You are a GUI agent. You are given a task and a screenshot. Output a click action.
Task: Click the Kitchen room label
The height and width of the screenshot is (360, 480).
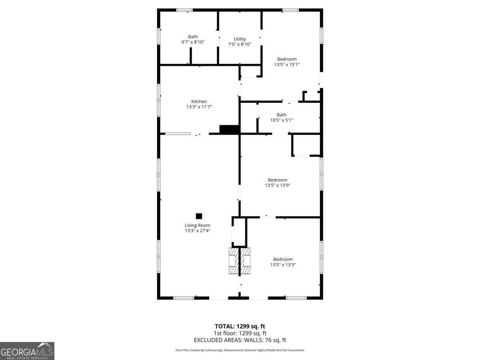pyautogui.click(x=199, y=102)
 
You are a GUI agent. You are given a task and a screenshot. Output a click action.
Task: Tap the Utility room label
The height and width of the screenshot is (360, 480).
pyautogui.click(x=240, y=39)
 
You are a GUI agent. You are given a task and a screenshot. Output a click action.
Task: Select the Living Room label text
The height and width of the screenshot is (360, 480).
pyautogui.click(x=197, y=225)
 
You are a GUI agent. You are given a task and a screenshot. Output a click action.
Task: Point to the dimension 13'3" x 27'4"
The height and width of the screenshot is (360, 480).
pyautogui.click(x=197, y=231)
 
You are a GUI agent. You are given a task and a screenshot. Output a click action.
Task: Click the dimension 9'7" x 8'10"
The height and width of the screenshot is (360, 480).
pyautogui.click(x=193, y=42)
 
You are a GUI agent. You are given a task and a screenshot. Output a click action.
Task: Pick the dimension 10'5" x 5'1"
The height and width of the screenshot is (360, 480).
pyautogui.click(x=281, y=120)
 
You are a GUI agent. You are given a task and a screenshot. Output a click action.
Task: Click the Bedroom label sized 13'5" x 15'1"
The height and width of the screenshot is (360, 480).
pyautogui.click(x=287, y=59)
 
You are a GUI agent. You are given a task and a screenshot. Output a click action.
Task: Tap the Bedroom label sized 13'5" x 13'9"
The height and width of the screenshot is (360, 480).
pyautogui.click(x=277, y=180)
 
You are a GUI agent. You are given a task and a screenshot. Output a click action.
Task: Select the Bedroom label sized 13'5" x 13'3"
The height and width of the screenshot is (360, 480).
pyautogui.click(x=283, y=259)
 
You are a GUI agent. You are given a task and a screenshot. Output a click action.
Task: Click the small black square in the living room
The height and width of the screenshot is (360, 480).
pyautogui.click(x=199, y=216)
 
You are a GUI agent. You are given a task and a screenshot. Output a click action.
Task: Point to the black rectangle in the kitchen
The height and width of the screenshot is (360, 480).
pyautogui.click(x=229, y=130)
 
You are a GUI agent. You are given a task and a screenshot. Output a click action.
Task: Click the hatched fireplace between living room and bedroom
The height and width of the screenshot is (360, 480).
pyautogui.click(x=240, y=261)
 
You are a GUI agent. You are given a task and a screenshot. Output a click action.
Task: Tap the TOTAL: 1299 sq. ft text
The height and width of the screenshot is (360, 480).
pyautogui.click(x=240, y=326)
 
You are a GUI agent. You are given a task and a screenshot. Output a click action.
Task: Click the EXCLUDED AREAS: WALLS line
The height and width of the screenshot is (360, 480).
pyautogui.click(x=240, y=340)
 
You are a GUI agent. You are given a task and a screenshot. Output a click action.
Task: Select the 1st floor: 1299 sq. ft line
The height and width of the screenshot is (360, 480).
pyautogui.click(x=240, y=333)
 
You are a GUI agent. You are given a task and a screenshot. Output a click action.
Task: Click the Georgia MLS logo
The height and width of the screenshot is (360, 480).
pyautogui.click(x=27, y=351)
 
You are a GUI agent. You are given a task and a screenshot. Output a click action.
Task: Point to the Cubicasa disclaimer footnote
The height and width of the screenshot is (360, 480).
pyautogui.click(x=240, y=350)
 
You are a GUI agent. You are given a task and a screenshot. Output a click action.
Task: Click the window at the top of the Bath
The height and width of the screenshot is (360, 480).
pyautogui.click(x=184, y=10)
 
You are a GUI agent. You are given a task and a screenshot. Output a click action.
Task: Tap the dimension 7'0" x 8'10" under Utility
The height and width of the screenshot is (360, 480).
pyautogui.click(x=240, y=44)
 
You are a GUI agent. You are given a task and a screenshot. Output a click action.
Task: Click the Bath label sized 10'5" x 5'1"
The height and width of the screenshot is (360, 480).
pyautogui.click(x=281, y=115)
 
